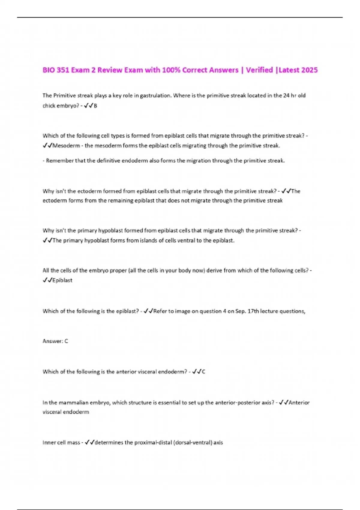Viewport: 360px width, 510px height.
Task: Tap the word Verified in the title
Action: [x=259, y=70]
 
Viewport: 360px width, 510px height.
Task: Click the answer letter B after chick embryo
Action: [x=95, y=106]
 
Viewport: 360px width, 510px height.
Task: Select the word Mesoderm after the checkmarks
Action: [x=66, y=146]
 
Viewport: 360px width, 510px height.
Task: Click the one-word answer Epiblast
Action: [x=62, y=280]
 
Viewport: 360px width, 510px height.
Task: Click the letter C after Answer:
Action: [x=66, y=341]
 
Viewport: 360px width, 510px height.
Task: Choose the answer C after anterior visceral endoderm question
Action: [x=203, y=372]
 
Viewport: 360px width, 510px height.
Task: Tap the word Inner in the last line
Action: [x=49, y=443]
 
